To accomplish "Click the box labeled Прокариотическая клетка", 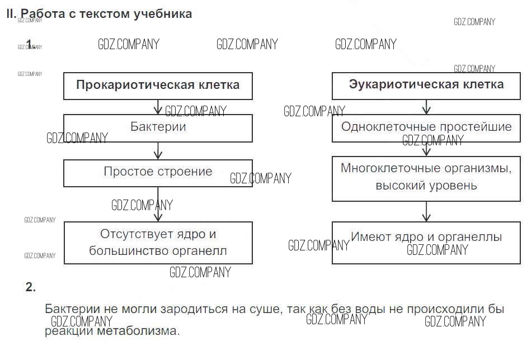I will coord(158,86).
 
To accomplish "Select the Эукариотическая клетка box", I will coord(426,86).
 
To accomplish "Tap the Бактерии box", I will coord(158,127).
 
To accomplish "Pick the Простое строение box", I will coord(158,172).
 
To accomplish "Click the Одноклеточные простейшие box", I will coord(426,127).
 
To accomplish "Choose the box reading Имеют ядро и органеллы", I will coord(426,242).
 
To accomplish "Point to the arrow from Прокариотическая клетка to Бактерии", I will coord(158,107).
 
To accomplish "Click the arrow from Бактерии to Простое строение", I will coord(158,150).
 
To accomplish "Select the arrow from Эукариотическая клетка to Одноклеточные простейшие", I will coord(427,107).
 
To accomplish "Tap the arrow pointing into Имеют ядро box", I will coord(427,211).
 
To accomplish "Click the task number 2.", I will coord(31,287).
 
